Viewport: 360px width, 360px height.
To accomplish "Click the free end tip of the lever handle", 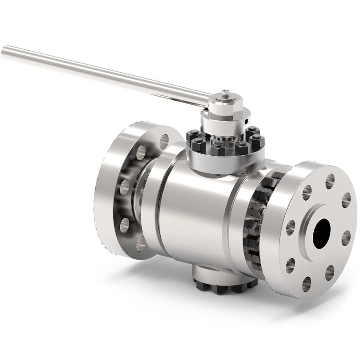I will point(4,50).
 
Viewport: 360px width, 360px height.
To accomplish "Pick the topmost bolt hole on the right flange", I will point(330,181).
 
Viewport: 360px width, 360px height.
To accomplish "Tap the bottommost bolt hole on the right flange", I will point(306,284).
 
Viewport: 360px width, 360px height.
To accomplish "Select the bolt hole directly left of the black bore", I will point(290,227).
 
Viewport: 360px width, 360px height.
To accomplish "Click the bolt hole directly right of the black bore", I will point(346,238).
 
